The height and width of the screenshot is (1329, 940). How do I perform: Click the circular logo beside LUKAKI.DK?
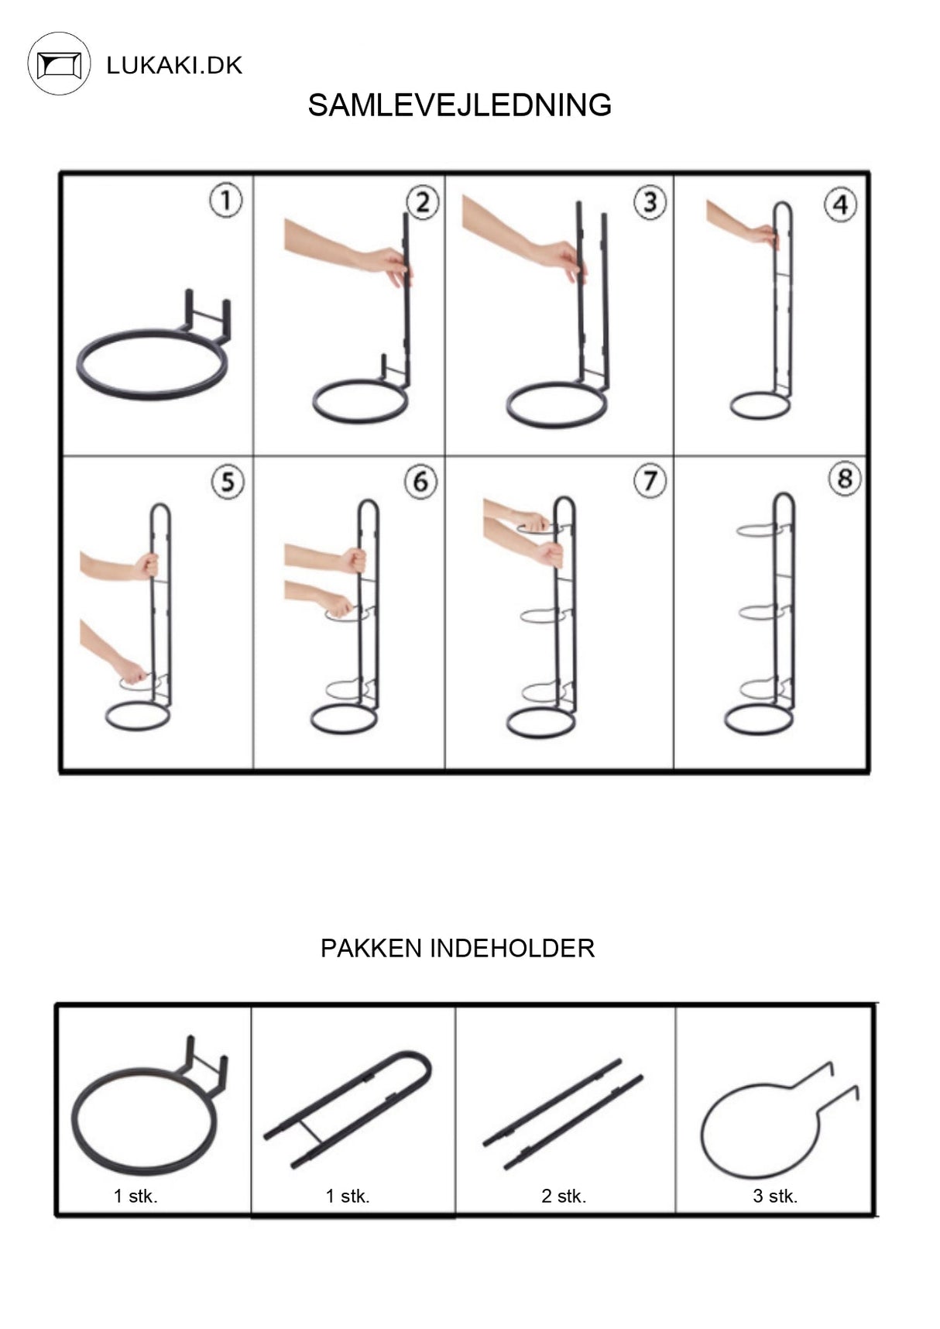(60, 64)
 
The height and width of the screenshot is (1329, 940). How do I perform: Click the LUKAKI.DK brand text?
(174, 65)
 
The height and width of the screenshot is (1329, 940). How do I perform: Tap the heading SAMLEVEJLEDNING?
(459, 105)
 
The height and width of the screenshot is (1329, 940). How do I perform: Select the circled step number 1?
(225, 201)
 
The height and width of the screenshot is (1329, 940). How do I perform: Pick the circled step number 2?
(422, 203)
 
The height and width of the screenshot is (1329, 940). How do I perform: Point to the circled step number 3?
(650, 202)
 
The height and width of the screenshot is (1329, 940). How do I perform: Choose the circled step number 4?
(840, 205)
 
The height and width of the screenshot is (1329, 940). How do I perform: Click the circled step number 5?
(227, 482)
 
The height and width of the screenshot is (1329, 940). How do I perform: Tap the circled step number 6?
(420, 482)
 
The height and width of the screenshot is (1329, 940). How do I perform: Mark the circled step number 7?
(650, 481)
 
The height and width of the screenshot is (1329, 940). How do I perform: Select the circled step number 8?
(844, 479)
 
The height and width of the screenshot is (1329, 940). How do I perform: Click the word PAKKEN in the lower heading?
(371, 948)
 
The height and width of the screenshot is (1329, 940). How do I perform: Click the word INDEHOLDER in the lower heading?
(512, 948)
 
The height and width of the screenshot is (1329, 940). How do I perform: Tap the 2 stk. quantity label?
(564, 1196)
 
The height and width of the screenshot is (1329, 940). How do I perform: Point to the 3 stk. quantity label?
(775, 1196)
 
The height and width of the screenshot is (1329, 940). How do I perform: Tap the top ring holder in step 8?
(763, 531)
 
